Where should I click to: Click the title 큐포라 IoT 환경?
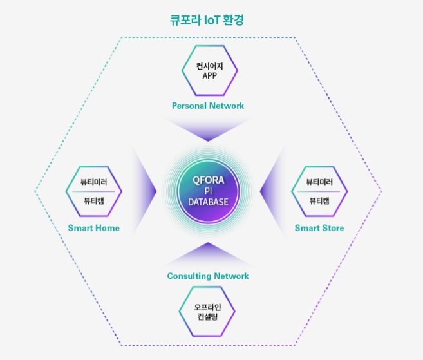pos(207,20)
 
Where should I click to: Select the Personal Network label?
pos(208,106)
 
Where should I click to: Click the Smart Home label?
pos(93,228)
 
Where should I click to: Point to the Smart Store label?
pos(319,228)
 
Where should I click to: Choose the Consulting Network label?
pos(208,276)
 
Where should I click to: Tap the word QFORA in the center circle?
pos(208,180)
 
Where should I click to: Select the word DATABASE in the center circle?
pos(208,202)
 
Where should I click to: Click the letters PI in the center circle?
pos(208,191)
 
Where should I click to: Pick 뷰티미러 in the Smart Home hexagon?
pos(93,182)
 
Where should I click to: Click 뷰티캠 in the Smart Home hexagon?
pos(93,201)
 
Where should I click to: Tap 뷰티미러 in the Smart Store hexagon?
pos(319,182)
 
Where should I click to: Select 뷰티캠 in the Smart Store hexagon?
pos(319,201)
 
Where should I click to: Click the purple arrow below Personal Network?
pos(208,128)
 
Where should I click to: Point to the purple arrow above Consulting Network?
pos(208,255)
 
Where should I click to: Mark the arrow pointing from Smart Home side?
pos(143,191)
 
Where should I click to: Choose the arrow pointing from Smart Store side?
pos(273,191)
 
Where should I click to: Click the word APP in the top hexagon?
pos(210,76)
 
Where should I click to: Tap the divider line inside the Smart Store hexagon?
pos(319,191)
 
